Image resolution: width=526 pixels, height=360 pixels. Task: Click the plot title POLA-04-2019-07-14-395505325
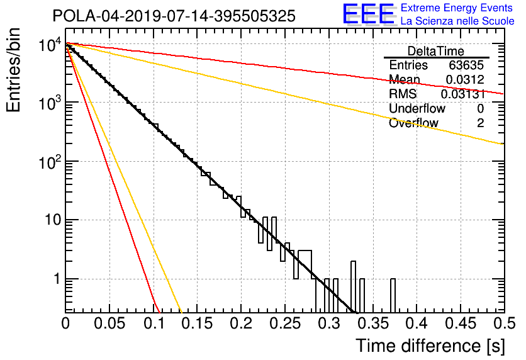coord(174,16)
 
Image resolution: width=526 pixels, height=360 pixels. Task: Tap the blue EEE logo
coord(368,14)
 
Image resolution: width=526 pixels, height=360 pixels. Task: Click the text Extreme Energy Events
coord(457,8)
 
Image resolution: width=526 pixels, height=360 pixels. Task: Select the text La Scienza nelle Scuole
coord(457,21)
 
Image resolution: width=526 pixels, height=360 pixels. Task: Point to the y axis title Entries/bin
coord(14,70)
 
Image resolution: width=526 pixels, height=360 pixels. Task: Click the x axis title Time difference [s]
coord(430,346)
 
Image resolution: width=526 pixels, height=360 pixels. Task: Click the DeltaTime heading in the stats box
coord(436,52)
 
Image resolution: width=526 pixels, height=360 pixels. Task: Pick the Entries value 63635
coord(466,65)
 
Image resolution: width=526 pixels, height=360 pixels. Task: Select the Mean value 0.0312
coord(465,79)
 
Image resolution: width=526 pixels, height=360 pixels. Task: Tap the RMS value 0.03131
coord(463,94)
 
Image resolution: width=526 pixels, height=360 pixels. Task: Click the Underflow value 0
coord(480,109)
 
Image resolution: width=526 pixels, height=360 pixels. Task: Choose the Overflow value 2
coord(480,123)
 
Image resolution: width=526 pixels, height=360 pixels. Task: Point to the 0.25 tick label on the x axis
coord(285,323)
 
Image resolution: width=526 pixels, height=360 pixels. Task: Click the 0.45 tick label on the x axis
coord(461,323)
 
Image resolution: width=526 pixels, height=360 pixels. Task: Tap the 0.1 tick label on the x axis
coord(154,323)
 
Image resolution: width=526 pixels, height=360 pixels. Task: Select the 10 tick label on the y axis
coord(53,220)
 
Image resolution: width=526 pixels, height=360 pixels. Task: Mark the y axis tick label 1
coord(57,279)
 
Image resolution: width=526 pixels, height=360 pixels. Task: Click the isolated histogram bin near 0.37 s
coord(393,296)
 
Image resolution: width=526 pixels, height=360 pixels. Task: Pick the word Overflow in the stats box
coord(413,123)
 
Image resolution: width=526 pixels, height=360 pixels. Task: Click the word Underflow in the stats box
coord(417,109)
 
